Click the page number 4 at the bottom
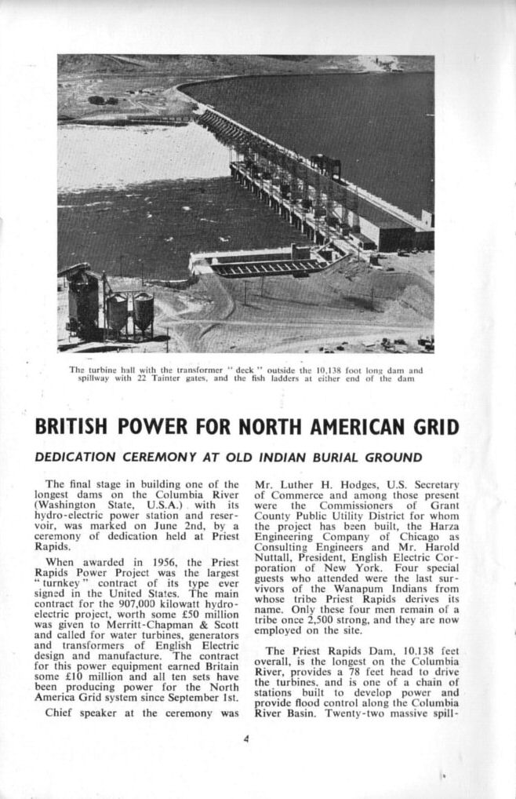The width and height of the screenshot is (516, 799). (x=246, y=739)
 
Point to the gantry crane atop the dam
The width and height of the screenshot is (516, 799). (x=325, y=166)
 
